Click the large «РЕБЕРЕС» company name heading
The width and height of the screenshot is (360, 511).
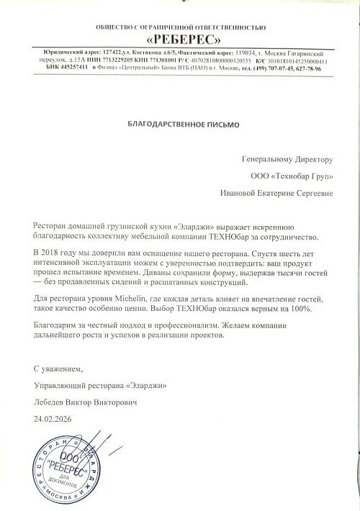pyautogui.click(x=179, y=39)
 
